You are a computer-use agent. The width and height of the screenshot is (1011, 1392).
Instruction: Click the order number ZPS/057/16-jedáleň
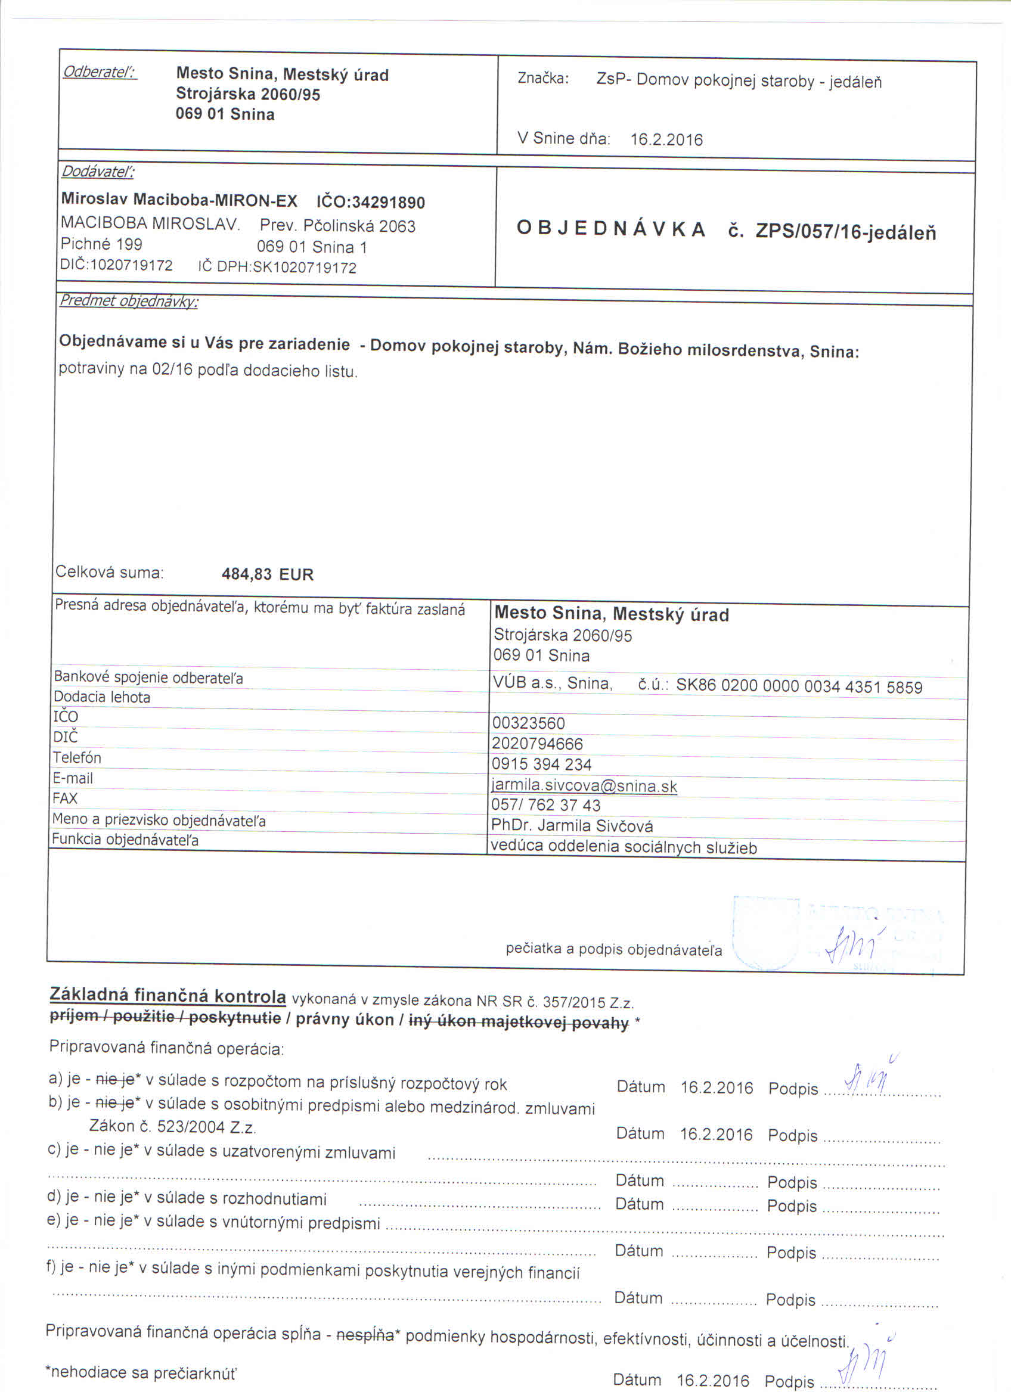(x=845, y=231)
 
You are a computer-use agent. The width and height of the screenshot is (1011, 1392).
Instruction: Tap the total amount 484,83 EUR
(x=267, y=574)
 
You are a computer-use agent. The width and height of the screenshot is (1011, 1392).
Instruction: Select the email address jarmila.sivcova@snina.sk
(x=584, y=785)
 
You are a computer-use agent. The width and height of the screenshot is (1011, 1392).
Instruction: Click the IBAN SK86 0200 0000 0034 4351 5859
(x=799, y=686)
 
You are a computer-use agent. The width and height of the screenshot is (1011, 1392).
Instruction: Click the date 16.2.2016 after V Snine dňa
(x=666, y=139)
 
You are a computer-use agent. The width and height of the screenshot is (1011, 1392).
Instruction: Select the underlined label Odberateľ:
(x=100, y=73)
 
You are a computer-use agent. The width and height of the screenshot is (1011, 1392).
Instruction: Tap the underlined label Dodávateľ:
(x=98, y=171)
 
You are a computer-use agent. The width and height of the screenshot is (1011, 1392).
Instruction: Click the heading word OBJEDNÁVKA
(x=611, y=229)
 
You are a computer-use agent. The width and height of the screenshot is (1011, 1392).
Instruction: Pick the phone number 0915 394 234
(x=541, y=764)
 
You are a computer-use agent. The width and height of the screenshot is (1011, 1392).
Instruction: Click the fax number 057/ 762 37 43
(x=545, y=804)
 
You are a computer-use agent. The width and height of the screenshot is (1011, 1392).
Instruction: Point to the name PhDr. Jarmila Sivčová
(x=572, y=826)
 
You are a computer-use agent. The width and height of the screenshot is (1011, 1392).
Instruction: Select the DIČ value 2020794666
(x=537, y=744)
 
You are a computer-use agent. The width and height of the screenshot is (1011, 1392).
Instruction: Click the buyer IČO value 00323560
(x=528, y=723)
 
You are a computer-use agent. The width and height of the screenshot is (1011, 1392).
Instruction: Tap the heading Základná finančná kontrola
(x=168, y=996)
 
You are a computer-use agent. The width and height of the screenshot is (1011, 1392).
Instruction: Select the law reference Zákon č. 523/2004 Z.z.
(x=172, y=1126)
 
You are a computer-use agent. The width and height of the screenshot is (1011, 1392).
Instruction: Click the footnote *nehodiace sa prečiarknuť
(x=141, y=1373)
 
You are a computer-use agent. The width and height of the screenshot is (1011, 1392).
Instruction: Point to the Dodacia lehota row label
(x=102, y=697)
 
